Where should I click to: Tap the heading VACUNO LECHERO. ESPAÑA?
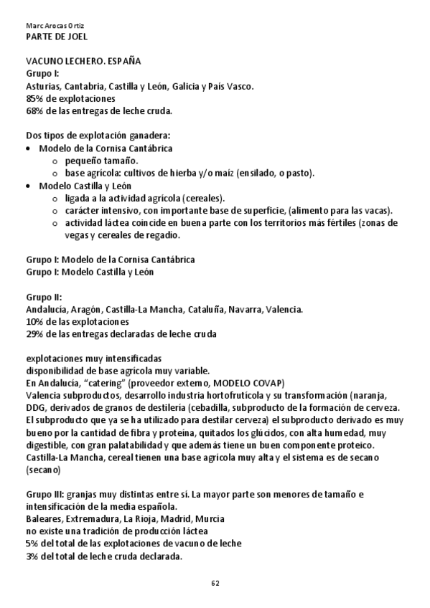83,62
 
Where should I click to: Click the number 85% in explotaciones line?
34,98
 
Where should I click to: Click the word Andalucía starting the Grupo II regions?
46,309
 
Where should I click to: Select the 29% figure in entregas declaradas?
34,333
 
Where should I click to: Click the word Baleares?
45,519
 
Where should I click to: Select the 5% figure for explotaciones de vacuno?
32,543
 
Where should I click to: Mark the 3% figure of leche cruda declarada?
32,556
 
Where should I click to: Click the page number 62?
215,582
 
